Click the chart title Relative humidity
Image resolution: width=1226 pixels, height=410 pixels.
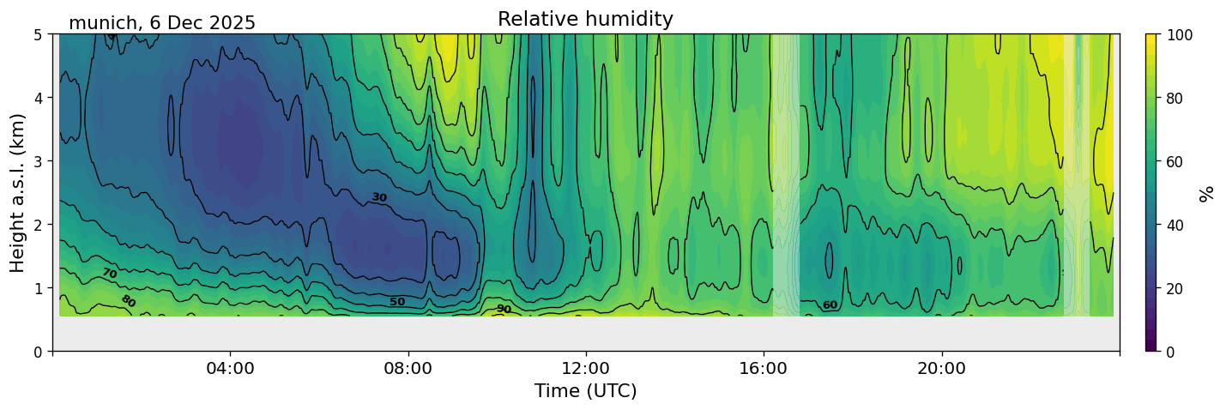click(x=585, y=19)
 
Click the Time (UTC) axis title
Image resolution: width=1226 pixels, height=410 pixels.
click(x=585, y=391)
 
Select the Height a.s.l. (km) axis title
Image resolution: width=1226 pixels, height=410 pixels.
click(x=18, y=192)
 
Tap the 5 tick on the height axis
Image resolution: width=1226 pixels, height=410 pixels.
click(x=39, y=34)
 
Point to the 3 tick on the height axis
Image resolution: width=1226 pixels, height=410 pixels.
click(x=39, y=161)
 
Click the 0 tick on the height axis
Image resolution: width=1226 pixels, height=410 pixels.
click(x=39, y=352)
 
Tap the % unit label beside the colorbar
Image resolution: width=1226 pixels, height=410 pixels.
click(x=1208, y=193)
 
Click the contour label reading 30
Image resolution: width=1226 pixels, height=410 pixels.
click(x=379, y=198)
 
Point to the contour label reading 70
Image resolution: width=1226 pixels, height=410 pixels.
click(x=109, y=274)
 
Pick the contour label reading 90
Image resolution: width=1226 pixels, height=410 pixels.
click(x=504, y=309)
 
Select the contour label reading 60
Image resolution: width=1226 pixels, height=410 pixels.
click(x=830, y=305)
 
